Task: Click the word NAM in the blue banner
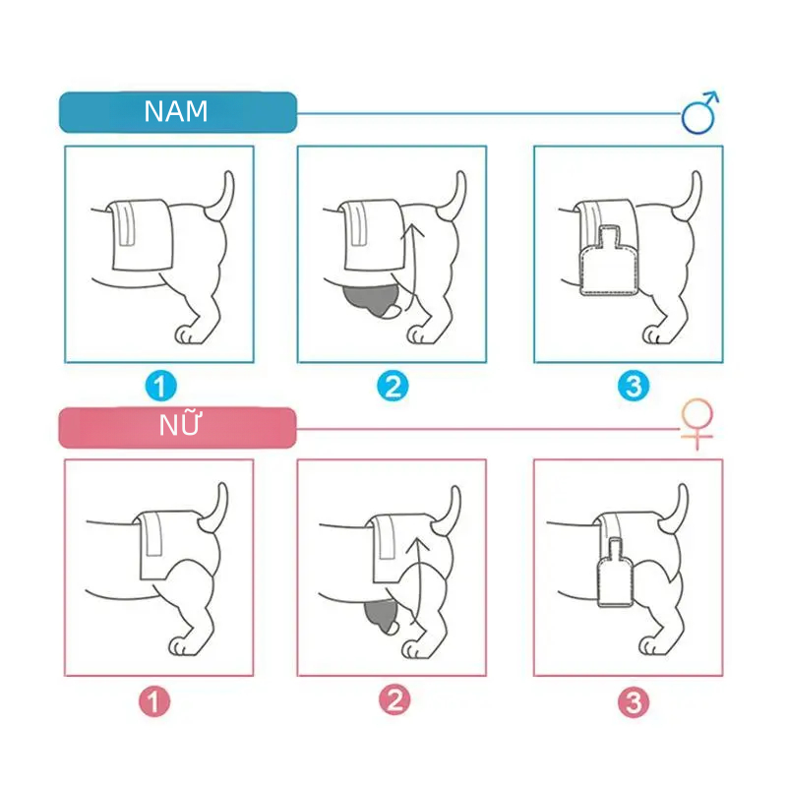tap(176, 111)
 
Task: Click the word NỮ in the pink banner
tap(180, 424)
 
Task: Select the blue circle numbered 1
tap(160, 386)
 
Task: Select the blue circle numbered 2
tap(393, 386)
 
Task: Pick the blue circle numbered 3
tap(634, 386)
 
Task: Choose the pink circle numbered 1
tap(154, 701)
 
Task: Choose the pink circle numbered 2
tap(394, 700)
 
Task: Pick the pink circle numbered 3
tap(634, 702)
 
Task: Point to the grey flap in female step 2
tap(382, 616)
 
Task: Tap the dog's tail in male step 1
tap(222, 197)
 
